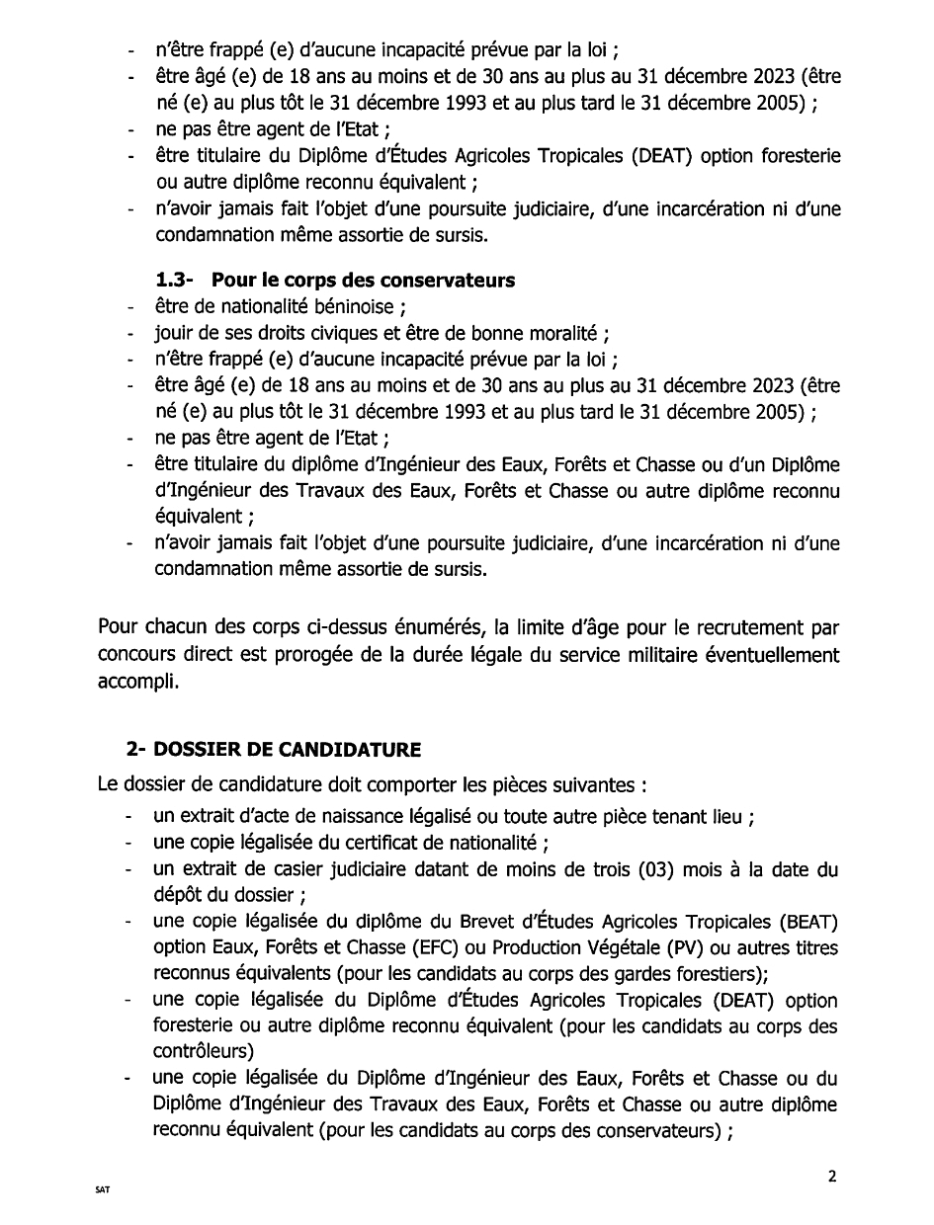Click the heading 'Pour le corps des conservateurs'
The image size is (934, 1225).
[363, 280]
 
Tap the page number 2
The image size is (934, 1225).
[832, 1176]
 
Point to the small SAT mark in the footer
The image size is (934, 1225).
[103, 1190]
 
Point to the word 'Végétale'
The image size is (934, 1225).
[624, 948]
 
